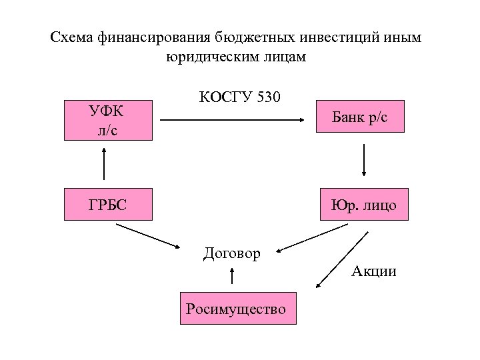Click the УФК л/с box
(x=108, y=121)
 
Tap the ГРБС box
(x=108, y=204)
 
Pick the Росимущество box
(x=238, y=307)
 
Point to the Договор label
(x=232, y=253)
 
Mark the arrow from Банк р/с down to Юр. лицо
(x=364, y=159)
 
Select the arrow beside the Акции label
(x=342, y=260)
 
